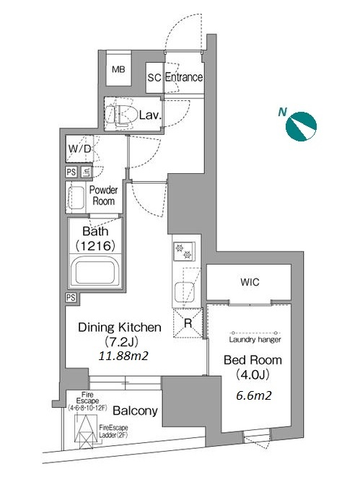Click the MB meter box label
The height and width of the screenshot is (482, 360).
tap(118, 69)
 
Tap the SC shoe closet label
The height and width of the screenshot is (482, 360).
tap(154, 77)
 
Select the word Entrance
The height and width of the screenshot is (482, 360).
tap(184, 77)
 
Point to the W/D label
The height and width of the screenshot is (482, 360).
tap(80, 149)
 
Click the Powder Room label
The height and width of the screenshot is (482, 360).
tap(104, 196)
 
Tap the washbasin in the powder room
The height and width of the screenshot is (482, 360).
tap(76, 198)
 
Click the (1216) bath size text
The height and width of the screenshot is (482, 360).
tap(96, 245)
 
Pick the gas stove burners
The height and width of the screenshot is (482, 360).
tap(184, 251)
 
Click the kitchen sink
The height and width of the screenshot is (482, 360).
tap(184, 292)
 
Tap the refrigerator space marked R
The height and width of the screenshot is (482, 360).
tap(188, 323)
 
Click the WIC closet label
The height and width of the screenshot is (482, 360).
tap(250, 282)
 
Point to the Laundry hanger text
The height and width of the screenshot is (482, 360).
tap(255, 340)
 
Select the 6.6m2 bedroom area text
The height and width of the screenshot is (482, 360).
tap(254, 395)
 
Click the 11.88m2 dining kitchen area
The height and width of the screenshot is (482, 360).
tap(123, 356)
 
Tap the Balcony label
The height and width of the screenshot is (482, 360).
tap(135, 411)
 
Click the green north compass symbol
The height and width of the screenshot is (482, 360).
tap(301, 126)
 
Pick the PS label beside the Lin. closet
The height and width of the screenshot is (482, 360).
tap(71, 172)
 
